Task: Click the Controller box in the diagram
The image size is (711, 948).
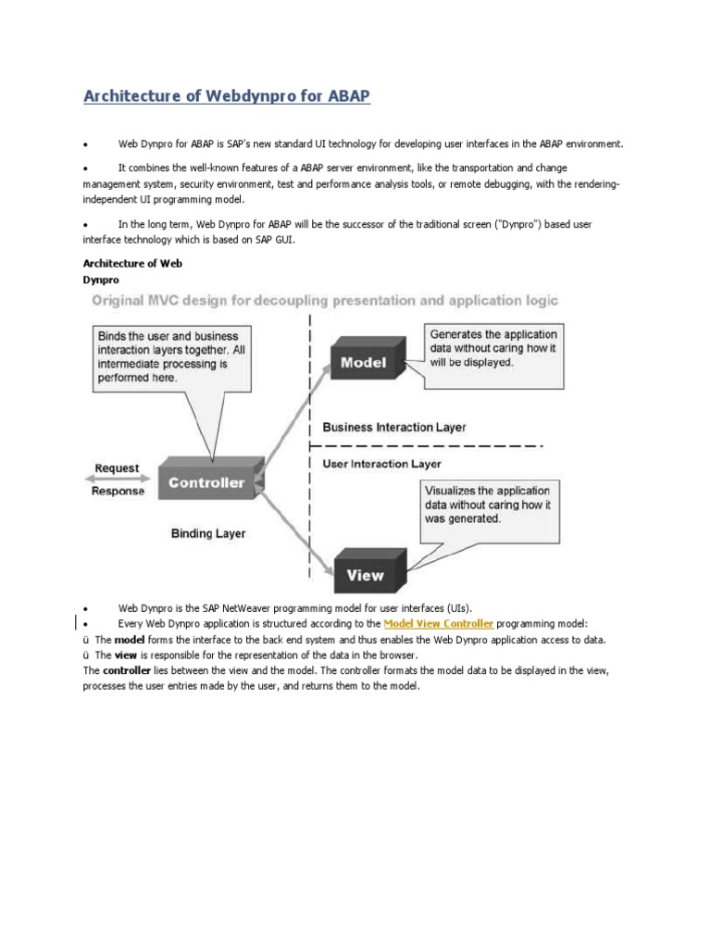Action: click(x=206, y=482)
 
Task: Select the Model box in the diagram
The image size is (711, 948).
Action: click(x=363, y=363)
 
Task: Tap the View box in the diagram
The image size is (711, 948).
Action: click(x=365, y=575)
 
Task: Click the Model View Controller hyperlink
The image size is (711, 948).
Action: click(x=438, y=624)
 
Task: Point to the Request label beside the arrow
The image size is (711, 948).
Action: click(x=118, y=468)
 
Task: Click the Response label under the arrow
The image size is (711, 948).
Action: click(x=118, y=492)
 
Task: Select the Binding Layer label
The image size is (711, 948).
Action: click(x=208, y=533)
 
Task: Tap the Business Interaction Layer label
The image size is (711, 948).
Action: click(x=393, y=428)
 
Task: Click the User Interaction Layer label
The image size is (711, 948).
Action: click(x=381, y=464)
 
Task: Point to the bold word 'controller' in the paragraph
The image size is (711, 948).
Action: click(x=127, y=670)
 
